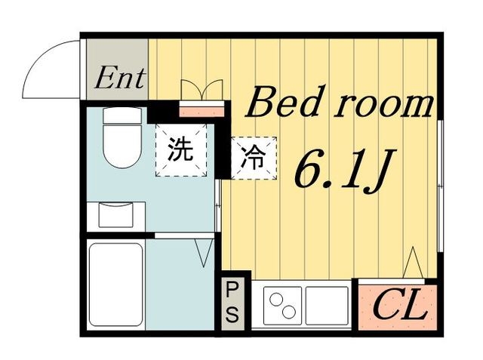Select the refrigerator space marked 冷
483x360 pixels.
pos(252,158)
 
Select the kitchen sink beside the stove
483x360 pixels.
pos(327,306)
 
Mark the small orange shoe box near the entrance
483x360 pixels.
pos(202,110)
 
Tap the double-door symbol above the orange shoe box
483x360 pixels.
pos(202,89)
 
